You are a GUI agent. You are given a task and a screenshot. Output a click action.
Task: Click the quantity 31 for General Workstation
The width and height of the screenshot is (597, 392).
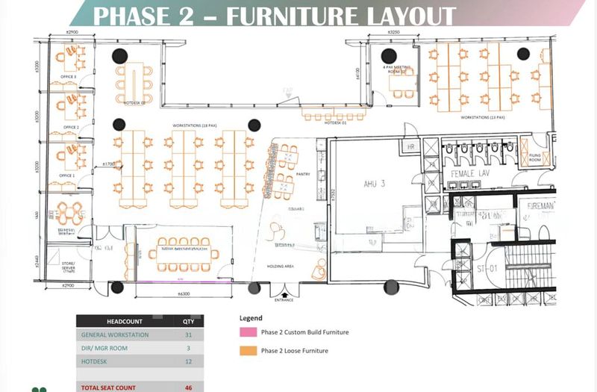click(188, 335)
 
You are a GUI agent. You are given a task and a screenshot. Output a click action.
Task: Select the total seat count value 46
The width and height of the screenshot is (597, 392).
click(188, 388)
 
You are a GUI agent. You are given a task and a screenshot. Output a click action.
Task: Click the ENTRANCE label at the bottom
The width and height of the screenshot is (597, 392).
click(284, 300)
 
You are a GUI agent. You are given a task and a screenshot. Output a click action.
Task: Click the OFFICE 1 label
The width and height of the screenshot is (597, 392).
click(68, 175)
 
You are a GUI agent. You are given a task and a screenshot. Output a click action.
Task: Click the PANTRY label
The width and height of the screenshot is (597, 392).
click(303, 173)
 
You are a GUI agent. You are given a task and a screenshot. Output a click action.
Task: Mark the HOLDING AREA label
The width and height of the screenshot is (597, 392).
click(287, 266)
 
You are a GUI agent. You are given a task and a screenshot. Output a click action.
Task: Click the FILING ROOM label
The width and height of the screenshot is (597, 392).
click(534, 157)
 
